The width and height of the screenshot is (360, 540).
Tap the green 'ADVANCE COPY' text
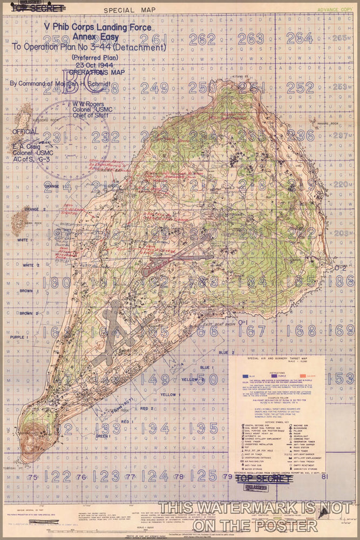click(336, 10)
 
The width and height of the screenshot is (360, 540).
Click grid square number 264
click(300, 38)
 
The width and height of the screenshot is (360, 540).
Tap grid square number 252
click(300, 87)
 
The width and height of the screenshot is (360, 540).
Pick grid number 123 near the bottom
click(106, 476)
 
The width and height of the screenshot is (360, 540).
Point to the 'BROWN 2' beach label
click(26, 313)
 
